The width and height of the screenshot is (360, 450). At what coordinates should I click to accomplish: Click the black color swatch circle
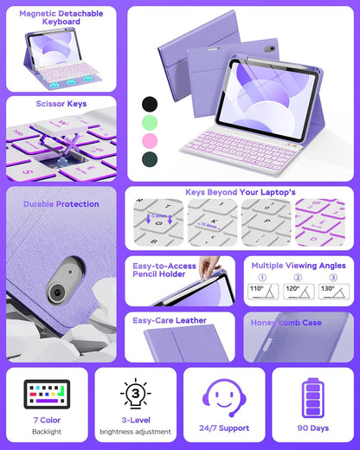(x=151, y=103)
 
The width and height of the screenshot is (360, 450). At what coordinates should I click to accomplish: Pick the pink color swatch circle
(x=151, y=140)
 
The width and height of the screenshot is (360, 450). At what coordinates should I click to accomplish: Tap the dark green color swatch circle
(x=151, y=158)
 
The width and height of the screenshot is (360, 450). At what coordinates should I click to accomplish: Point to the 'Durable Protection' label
(x=60, y=204)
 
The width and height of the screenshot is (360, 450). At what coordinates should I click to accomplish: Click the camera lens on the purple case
(x=56, y=292)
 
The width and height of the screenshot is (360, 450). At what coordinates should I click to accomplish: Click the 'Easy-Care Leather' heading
(x=170, y=320)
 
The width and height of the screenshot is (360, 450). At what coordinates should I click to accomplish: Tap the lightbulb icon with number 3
(x=134, y=394)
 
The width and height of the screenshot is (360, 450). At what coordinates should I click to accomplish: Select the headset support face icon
(x=224, y=397)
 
